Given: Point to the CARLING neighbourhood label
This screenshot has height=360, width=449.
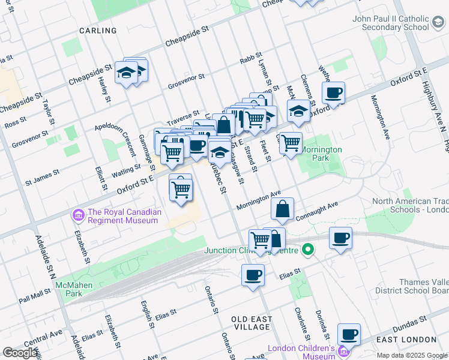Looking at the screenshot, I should point(98,31).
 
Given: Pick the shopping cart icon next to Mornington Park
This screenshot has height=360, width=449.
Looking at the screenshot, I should point(291,143).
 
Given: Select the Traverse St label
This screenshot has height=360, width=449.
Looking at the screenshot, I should point(183,116).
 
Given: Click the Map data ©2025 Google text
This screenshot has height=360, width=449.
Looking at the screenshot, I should point(411,355).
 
